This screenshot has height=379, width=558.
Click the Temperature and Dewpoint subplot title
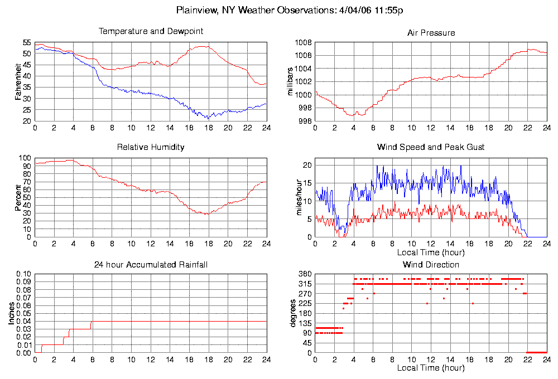[x=151, y=32]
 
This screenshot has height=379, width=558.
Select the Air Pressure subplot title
[x=431, y=33]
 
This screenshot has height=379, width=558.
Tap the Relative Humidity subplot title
[x=151, y=148]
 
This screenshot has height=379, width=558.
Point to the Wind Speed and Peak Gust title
[x=431, y=148]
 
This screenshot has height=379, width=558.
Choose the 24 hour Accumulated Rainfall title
[x=151, y=265]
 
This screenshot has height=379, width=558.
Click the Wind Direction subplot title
[x=431, y=265]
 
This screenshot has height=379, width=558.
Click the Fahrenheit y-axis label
[x=19, y=81]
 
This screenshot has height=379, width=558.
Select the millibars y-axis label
[x=290, y=81]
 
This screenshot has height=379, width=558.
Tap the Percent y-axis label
[x=19, y=197]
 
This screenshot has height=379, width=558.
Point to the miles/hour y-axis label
[x=290, y=197]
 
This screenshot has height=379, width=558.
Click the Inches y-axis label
[x=11, y=314]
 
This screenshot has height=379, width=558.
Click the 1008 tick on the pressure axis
[x=303, y=42]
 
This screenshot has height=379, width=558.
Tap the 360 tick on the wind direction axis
[x=305, y=274]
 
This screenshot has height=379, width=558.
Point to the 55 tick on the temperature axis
[x=27, y=42]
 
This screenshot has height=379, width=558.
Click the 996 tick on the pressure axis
[x=305, y=121]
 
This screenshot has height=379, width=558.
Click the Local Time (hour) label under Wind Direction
[x=431, y=368]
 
